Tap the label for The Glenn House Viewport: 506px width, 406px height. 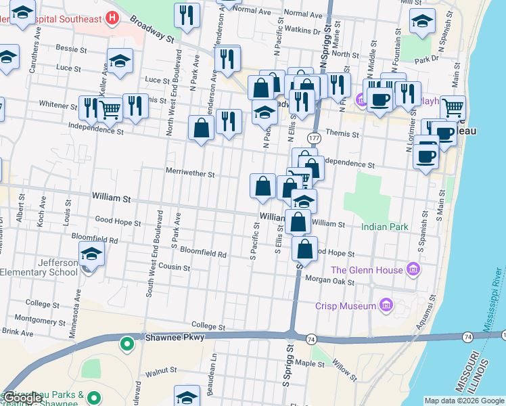(x=367, y=271)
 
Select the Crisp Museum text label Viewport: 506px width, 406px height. (x=349, y=306)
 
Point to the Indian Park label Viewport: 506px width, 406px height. (x=384, y=227)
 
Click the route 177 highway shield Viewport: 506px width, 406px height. (x=314, y=138)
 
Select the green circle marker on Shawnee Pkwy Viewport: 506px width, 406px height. (x=127, y=344)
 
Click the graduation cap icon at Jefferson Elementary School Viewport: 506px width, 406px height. (x=91, y=254)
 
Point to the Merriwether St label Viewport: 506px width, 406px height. (x=190, y=174)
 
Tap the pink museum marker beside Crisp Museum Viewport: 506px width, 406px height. (x=387, y=306)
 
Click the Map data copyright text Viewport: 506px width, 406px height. (x=464, y=401)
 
